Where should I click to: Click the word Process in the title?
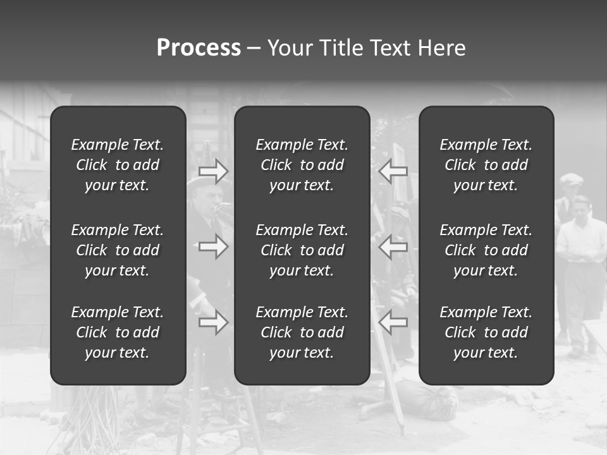coord(199,48)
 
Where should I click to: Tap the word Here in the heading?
coord(441,48)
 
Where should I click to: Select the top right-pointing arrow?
coord(214,171)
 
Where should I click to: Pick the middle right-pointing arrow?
coord(214,246)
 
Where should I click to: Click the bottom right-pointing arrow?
coord(214,322)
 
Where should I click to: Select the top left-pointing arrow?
coord(393,171)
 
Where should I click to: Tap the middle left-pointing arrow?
coord(393,246)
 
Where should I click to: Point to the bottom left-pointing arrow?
coord(393,322)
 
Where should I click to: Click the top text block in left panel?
coord(118,165)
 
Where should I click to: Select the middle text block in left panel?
coord(118,250)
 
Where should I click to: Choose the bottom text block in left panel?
coord(118,332)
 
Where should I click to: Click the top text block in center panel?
coord(302,165)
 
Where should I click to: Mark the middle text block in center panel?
coord(302,250)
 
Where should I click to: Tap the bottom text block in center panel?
coord(302,332)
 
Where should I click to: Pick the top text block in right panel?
coord(486,165)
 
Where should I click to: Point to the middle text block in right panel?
coord(486,250)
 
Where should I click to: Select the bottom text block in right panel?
coord(486,332)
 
